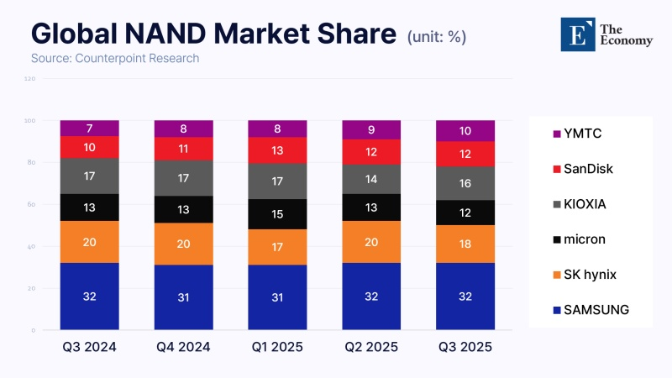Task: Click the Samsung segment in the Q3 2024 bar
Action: point(89,296)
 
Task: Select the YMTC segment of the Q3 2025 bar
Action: point(465,130)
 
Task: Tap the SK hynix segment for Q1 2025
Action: point(277,247)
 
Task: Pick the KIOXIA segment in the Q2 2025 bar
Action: point(371,178)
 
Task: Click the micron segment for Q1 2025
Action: point(277,214)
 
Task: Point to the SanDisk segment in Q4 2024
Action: point(183,149)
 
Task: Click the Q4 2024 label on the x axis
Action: point(183,347)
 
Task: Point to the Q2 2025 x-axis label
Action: point(371,347)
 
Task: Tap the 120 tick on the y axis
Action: point(30,79)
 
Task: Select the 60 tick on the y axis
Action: point(32,205)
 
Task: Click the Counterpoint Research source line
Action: point(115,59)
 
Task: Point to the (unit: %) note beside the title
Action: point(436,37)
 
